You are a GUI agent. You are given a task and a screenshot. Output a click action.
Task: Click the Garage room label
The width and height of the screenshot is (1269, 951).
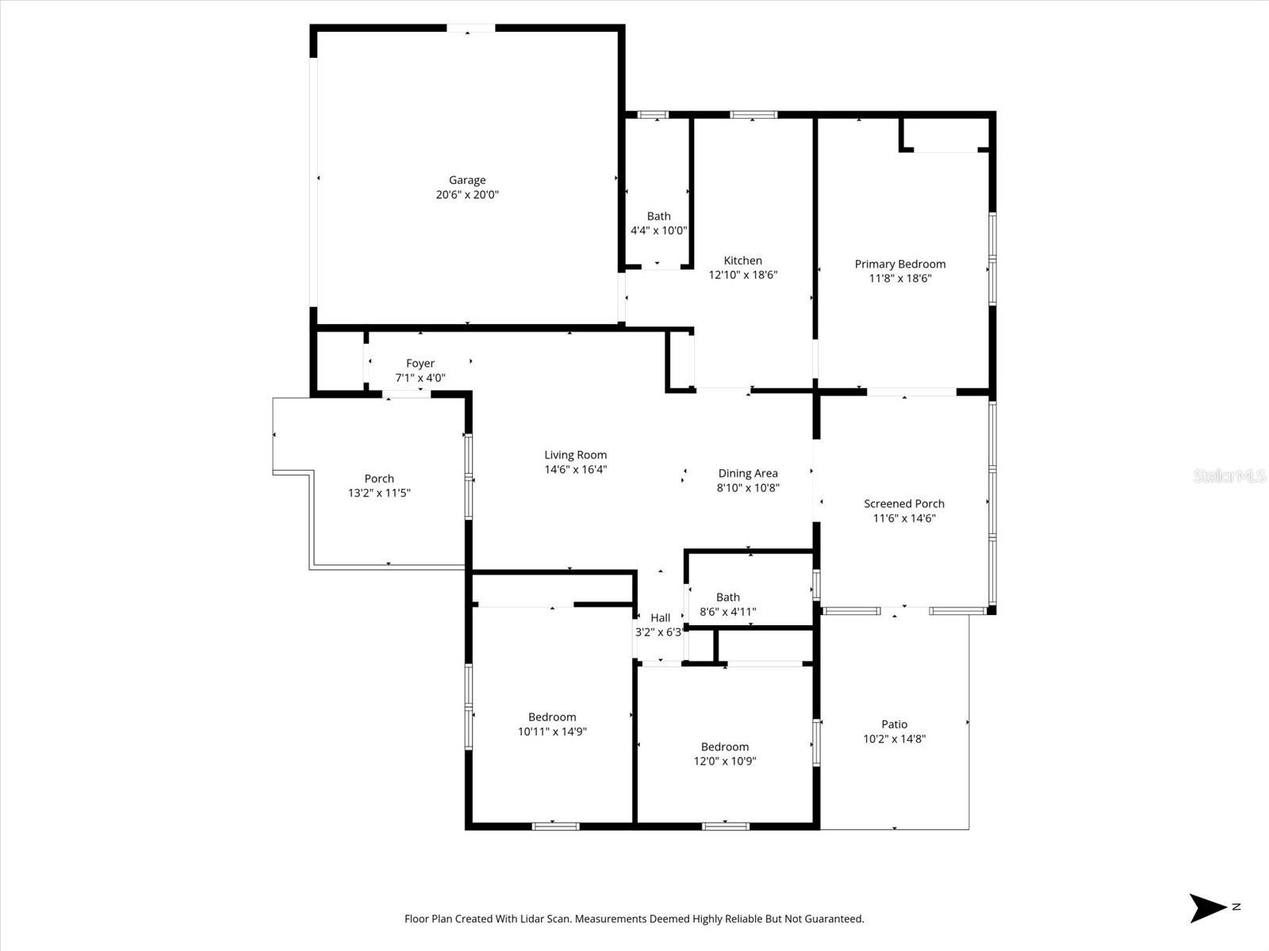click(467, 180)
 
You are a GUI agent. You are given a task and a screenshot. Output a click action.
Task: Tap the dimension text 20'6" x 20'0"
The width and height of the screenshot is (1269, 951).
click(467, 195)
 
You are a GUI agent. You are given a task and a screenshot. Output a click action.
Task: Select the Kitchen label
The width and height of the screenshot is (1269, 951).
click(743, 261)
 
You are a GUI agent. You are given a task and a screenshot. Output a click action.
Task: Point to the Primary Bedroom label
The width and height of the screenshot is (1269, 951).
click(900, 264)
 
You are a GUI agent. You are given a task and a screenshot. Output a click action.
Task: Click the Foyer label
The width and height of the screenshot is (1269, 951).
click(420, 364)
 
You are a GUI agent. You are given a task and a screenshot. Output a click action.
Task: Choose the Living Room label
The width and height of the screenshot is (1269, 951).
click(576, 455)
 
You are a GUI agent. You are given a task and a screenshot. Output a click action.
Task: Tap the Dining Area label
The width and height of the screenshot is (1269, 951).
click(748, 473)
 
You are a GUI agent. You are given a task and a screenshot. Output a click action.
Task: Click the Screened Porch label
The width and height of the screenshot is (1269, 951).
click(904, 504)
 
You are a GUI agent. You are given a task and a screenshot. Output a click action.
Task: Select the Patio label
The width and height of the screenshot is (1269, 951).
click(895, 724)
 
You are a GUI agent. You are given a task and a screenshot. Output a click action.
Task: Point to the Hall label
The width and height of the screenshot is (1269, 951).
click(661, 618)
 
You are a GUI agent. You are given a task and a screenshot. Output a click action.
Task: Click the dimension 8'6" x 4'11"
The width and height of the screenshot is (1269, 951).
click(728, 612)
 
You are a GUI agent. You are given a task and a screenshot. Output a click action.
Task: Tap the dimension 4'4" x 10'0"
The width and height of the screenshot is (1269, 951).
click(658, 231)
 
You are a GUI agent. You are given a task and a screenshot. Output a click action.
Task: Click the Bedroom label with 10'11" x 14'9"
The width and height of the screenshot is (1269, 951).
click(552, 717)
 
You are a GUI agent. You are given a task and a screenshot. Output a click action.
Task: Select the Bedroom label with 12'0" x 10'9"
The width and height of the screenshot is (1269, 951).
click(725, 747)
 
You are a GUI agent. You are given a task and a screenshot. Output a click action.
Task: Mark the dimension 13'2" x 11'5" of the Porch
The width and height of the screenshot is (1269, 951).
click(379, 493)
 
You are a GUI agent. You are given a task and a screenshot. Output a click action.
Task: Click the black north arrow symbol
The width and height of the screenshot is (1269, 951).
click(1207, 907)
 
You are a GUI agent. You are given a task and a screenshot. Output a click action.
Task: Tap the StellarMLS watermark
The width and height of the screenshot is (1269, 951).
click(1229, 476)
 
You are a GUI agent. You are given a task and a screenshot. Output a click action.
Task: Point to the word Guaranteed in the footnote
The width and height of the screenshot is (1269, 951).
click(834, 919)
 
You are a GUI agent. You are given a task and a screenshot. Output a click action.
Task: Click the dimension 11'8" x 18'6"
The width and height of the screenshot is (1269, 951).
click(900, 279)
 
